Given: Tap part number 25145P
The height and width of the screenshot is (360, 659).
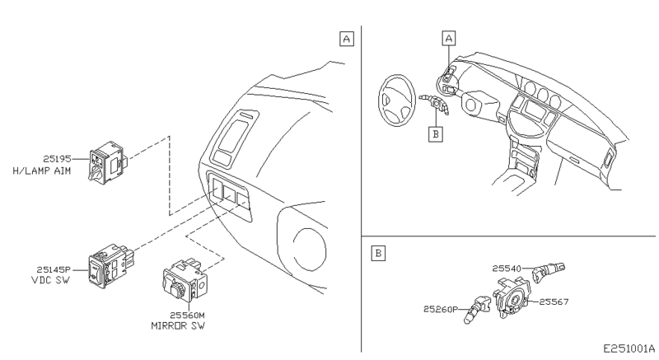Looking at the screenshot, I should click(x=52, y=268).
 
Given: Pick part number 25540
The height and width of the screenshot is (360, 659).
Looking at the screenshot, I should click(x=508, y=268).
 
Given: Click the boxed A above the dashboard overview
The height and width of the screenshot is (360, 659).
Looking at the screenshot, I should click(x=448, y=38).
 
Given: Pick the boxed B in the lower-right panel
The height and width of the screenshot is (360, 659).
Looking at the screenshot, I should click(x=377, y=253).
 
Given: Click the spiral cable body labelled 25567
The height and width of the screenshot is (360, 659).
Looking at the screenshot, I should click(x=517, y=297).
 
